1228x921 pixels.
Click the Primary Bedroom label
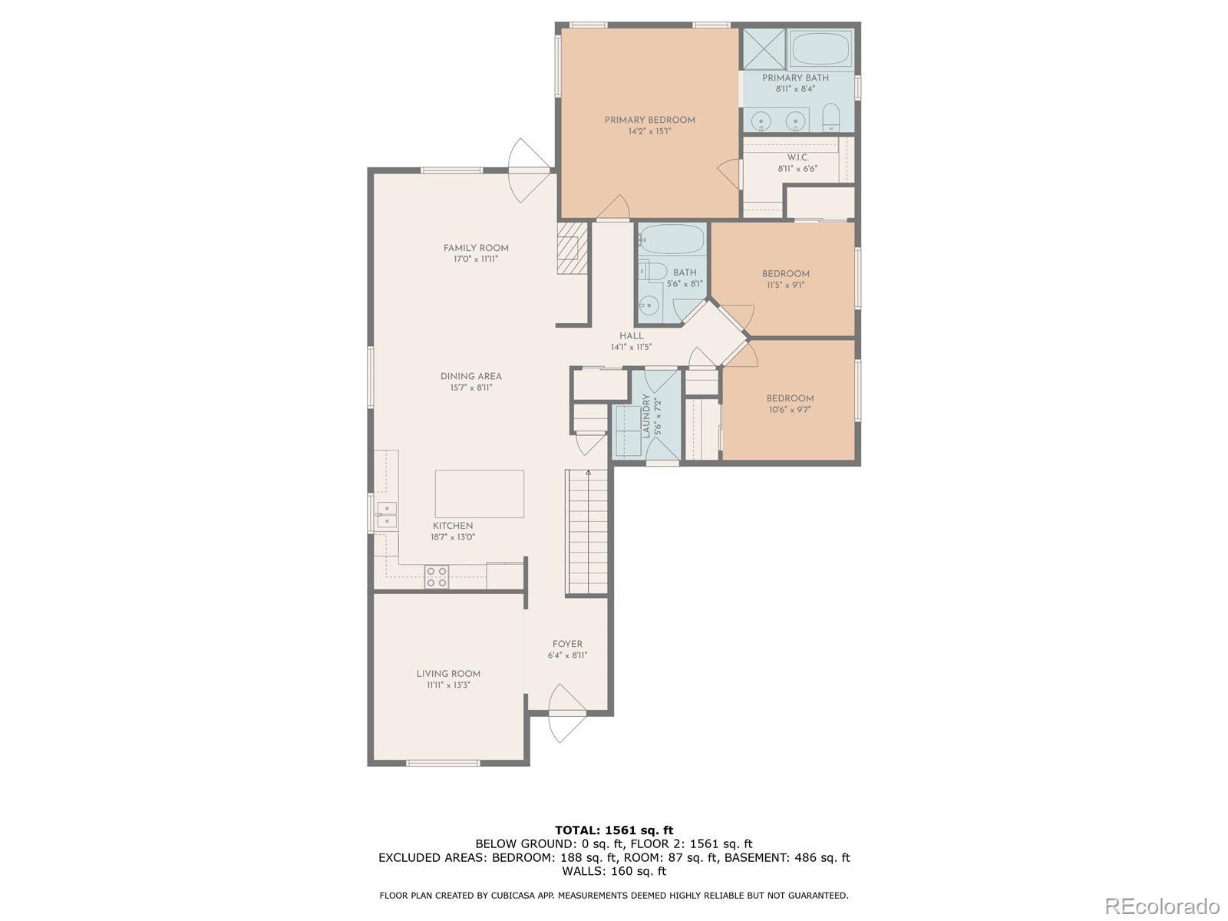click(x=649, y=120)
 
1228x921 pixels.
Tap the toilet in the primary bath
click(x=831, y=117)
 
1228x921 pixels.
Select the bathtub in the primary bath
click(x=820, y=48)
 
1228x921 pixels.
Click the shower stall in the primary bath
click(x=764, y=48)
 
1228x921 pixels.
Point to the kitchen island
click(x=480, y=494)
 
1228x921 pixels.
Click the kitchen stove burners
click(x=437, y=576)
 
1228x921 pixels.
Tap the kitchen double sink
click(x=386, y=515)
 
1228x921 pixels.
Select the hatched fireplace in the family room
click(x=572, y=248)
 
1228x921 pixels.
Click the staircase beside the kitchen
click(x=586, y=532)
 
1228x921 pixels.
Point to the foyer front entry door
click(x=567, y=713)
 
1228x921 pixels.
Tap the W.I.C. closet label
click(x=797, y=157)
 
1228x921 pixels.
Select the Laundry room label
click(x=646, y=416)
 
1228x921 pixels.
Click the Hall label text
click(x=631, y=336)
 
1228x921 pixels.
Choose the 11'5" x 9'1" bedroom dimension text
click(x=785, y=285)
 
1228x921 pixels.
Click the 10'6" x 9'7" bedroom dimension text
click(x=789, y=409)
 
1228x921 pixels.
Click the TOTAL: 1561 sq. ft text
click(x=614, y=830)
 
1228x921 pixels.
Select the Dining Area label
click(x=471, y=376)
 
